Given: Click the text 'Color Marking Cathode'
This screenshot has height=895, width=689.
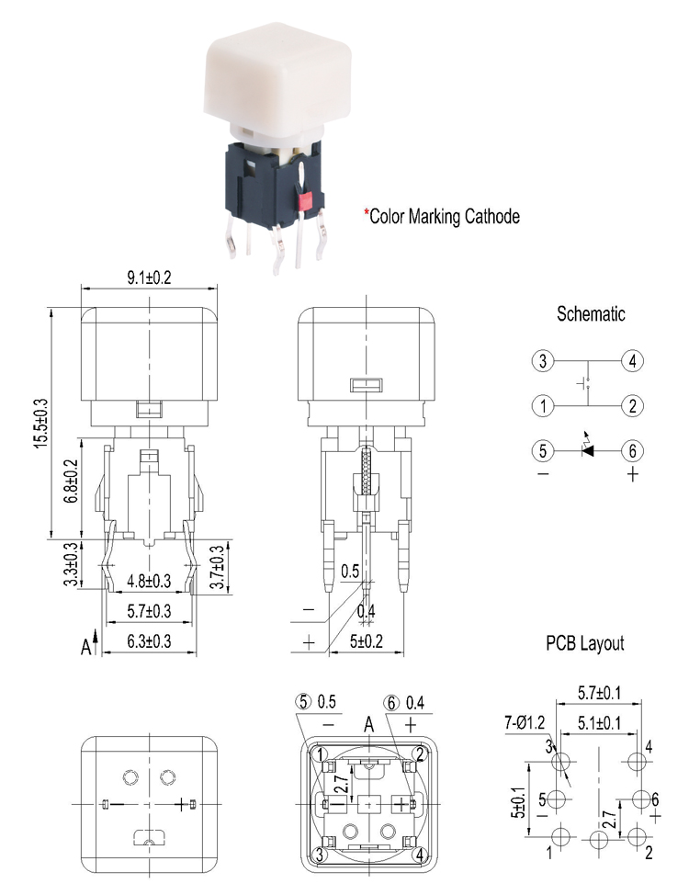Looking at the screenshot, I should [x=446, y=217].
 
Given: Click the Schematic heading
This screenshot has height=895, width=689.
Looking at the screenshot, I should [x=591, y=314].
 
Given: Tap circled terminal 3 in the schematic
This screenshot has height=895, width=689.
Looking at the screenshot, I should [x=544, y=361].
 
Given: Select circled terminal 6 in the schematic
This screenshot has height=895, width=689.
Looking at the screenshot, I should [x=632, y=450].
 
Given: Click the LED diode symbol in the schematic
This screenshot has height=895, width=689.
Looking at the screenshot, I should [x=588, y=450].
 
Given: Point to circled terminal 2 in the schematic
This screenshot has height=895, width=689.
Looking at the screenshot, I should [x=632, y=404].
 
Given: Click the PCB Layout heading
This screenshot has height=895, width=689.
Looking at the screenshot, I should [x=584, y=643].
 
